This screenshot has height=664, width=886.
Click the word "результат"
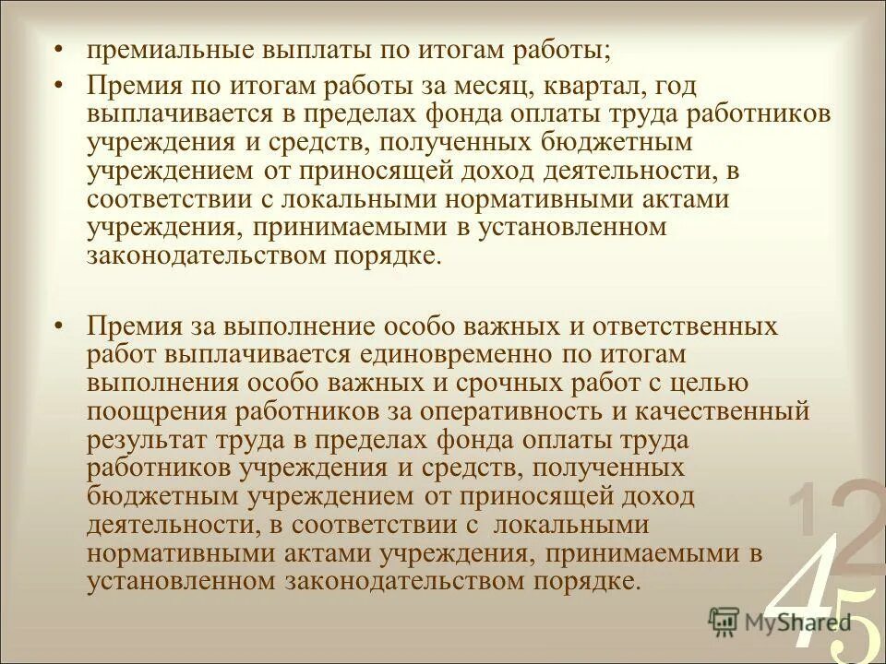pyautogui.click(x=149, y=440)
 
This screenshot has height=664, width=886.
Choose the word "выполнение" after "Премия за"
pyautogui.click(x=319, y=326)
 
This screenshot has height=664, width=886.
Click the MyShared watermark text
pyautogui.click(x=797, y=621)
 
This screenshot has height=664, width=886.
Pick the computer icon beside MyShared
pyautogui.click(x=724, y=621)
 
